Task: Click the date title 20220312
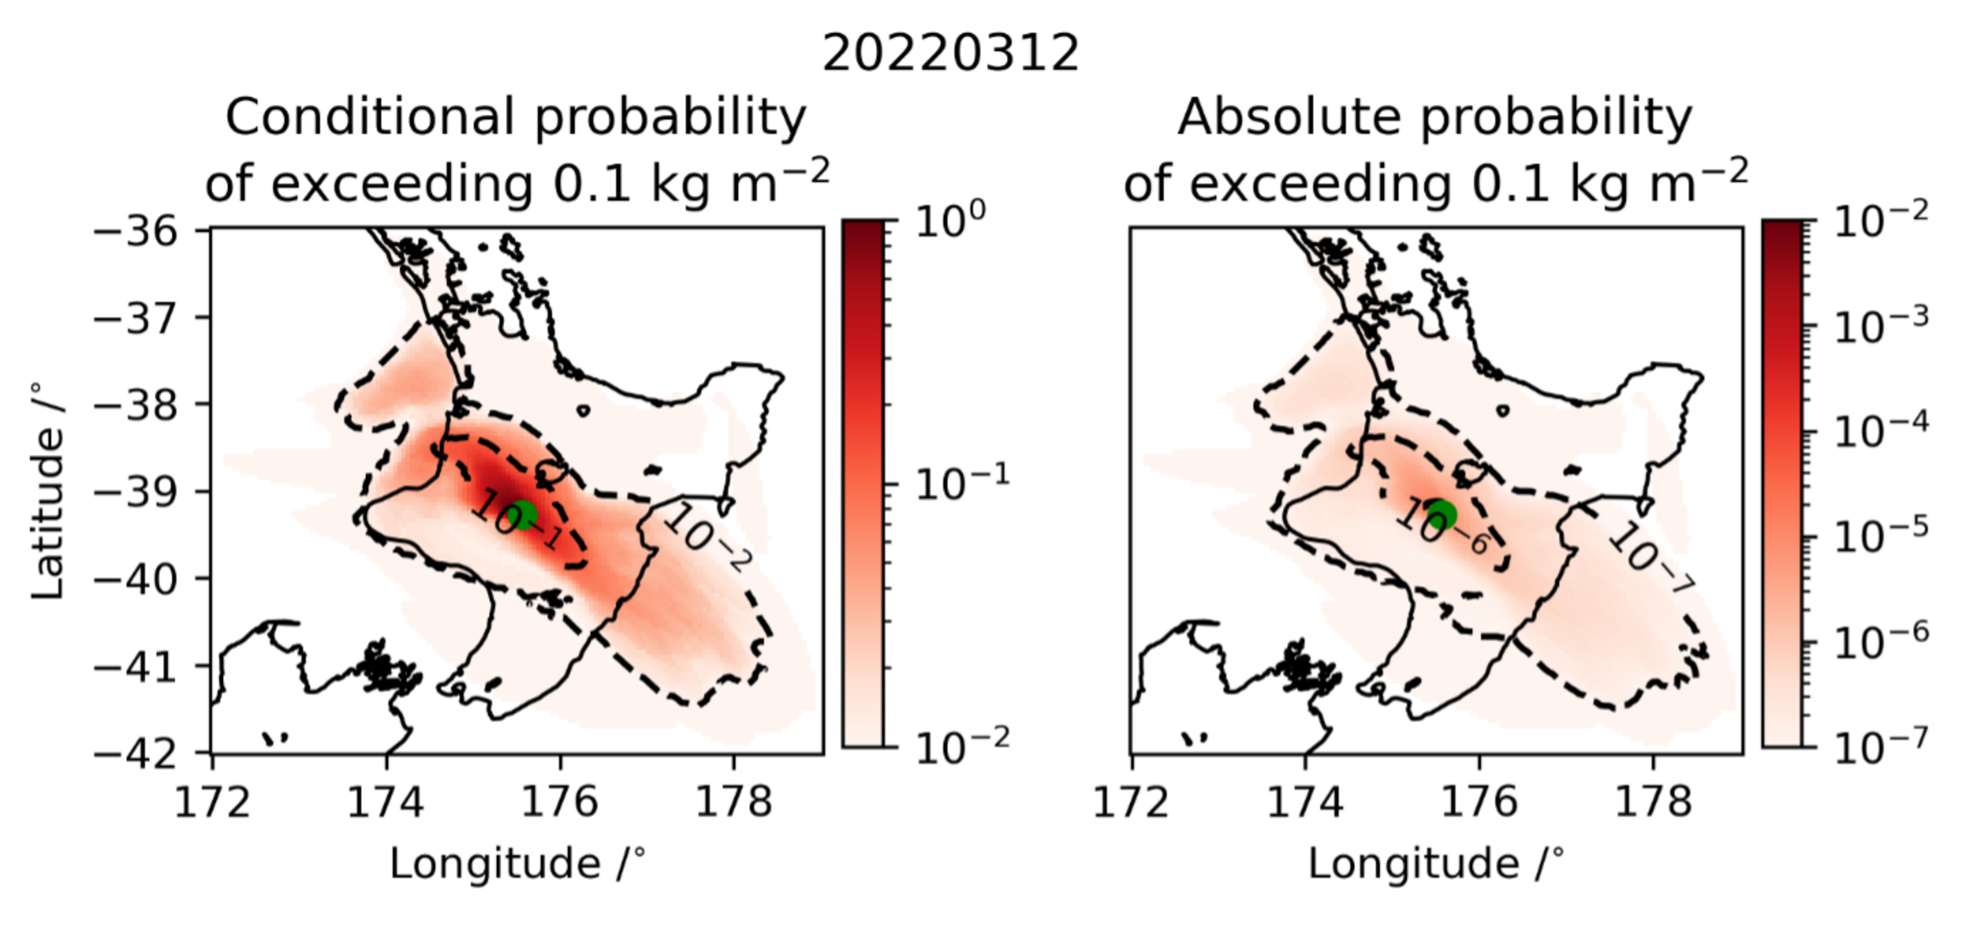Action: coord(950,54)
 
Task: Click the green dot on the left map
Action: coord(523,515)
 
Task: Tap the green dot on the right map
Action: coord(1442,515)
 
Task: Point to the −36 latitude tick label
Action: coord(147,233)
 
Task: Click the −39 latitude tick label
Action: coord(147,493)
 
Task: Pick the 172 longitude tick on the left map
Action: coord(212,802)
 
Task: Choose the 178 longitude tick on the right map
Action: coord(1654,802)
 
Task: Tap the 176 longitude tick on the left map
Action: coord(560,802)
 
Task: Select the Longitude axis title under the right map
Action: coord(1436,864)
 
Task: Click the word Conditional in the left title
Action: coord(369,118)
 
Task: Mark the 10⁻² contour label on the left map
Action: coord(707,537)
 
